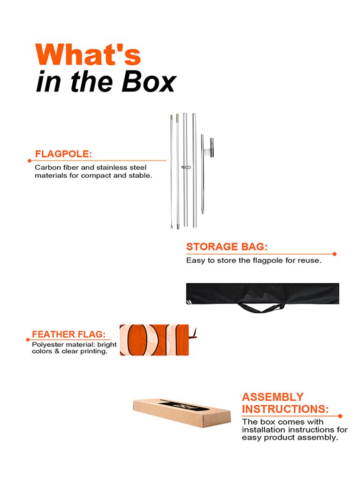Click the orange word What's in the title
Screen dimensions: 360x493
click(x=88, y=54)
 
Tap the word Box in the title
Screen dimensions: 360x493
click(x=149, y=82)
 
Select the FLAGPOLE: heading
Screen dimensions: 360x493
click(x=63, y=154)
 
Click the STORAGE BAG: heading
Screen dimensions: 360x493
click(x=227, y=247)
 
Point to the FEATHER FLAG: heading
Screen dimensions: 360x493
click(x=69, y=334)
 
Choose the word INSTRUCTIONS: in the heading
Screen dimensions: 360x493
click(x=285, y=409)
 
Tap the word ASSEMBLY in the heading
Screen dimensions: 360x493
click(x=273, y=397)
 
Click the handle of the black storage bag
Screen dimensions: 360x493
click(x=260, y=308)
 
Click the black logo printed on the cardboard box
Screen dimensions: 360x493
click(x=184, y=406)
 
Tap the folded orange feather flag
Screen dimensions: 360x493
click(x=154, y=340)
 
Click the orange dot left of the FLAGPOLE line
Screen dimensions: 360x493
click(x=30, y=161)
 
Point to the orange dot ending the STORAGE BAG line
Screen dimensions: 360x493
click(x=335, y=254)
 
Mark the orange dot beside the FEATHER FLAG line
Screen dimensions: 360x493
click(x=28, y=340)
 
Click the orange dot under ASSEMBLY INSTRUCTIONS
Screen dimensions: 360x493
click(x=340, y=416)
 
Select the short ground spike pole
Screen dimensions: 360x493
click(x=203, y=174)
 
